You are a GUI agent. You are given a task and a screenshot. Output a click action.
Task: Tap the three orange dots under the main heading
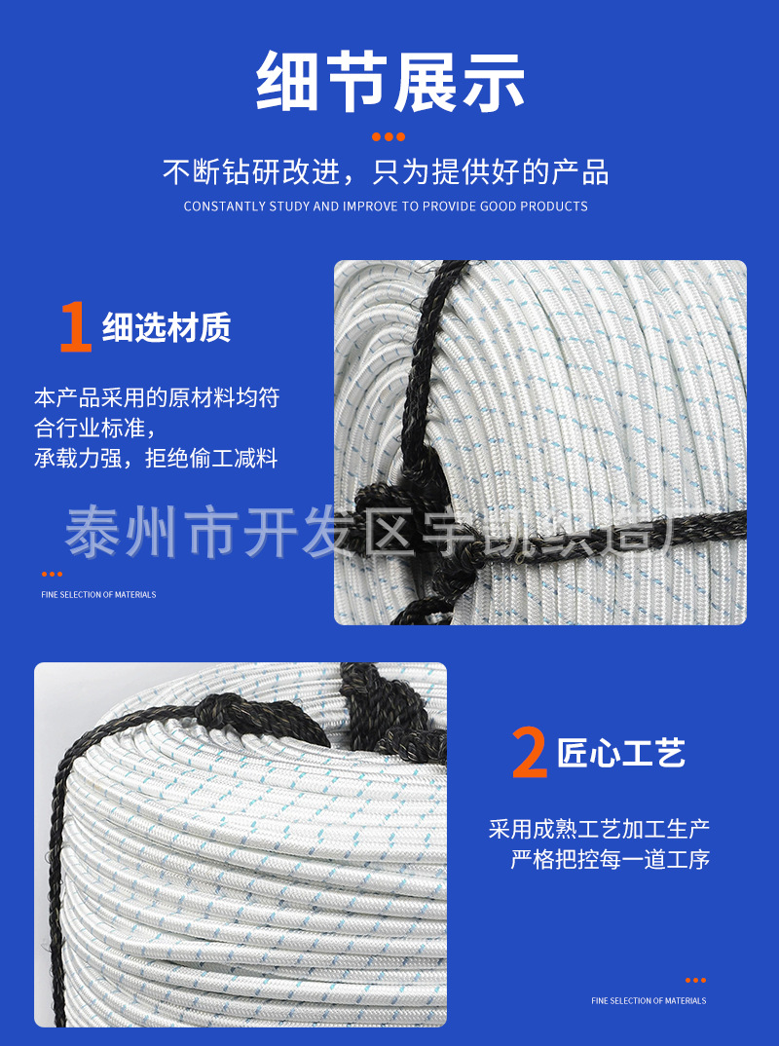tap(389, 137)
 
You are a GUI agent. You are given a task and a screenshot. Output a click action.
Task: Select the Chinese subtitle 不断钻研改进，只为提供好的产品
tap(386, 173)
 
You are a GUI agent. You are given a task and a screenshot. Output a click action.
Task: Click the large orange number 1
tap(75, 327)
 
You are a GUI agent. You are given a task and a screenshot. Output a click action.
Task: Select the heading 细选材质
tap(167, 329)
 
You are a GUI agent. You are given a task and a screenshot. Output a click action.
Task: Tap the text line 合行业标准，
tap(94, 428)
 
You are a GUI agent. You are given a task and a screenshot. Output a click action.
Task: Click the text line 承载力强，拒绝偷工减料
tap(156, 459)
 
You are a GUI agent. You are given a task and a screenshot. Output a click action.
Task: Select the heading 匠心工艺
tap(621, 753)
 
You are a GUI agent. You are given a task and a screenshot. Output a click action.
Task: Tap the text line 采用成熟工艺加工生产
tap(599, 829)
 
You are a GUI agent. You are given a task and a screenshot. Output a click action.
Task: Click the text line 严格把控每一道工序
tap(611, 860)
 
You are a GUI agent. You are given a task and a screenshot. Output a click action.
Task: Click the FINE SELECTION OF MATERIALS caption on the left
tap(98, 594)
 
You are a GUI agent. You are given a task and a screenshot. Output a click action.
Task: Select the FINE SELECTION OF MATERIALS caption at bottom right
tap(649, 1000)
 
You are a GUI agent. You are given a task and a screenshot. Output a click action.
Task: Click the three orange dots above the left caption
tap(52, 574)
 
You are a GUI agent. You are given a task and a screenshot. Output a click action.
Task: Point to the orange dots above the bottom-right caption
tap(695, 980)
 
